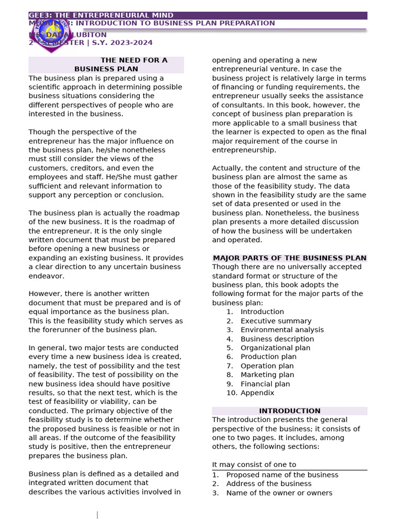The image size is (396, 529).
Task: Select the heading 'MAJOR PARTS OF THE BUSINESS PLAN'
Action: tap(289, 258)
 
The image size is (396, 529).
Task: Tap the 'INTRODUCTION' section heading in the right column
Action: tap(289, 411)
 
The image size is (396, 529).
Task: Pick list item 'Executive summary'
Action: tap(276, 321)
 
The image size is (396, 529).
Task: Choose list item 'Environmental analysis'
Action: tap(282, 330)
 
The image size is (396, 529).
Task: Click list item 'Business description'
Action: tap(277, 339)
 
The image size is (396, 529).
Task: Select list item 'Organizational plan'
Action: tap(275, 348)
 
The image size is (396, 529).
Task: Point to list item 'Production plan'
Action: tap(268, 356)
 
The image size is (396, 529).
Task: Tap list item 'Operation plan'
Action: tap(267, 366)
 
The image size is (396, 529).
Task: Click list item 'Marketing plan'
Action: tap(267, 375)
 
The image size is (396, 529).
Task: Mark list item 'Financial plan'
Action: tap(265, 384)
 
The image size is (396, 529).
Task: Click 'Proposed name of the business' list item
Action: tap(282, 475)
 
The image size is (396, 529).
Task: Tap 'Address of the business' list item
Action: tap(269, 484)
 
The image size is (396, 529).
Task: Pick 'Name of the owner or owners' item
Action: tap(279, 493)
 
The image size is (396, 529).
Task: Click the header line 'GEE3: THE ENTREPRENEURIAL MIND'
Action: tap(101, 15)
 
